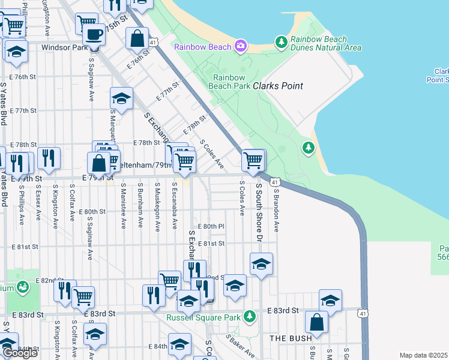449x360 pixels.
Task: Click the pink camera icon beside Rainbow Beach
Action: (x=241, y=46)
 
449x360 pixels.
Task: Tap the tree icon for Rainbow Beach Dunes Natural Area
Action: (x=280, y=42)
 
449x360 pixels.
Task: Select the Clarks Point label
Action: (x=277, y=86)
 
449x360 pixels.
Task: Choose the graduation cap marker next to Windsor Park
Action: (x=16, y=51)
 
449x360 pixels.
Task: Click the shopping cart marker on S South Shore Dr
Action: (x=253, y=161)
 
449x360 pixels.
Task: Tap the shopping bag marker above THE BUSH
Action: (x=316, y=322)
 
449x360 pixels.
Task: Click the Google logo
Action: (x=19, y=353)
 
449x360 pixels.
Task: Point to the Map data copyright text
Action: (x=424, y=355)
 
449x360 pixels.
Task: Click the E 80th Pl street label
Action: (x=211, y=226)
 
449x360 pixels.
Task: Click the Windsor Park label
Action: (x=64, y=47)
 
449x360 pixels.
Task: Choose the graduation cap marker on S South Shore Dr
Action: (x=261, y=264)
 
